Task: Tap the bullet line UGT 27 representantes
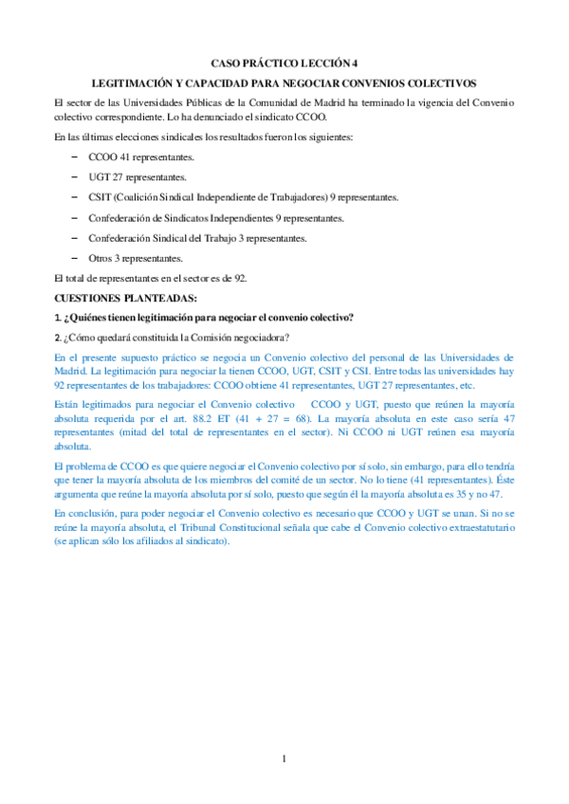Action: tap(137, 176)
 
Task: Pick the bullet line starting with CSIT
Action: tap(243, 197)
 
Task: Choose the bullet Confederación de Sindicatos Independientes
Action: tap(215, 218)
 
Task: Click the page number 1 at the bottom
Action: tap(284, 758)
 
